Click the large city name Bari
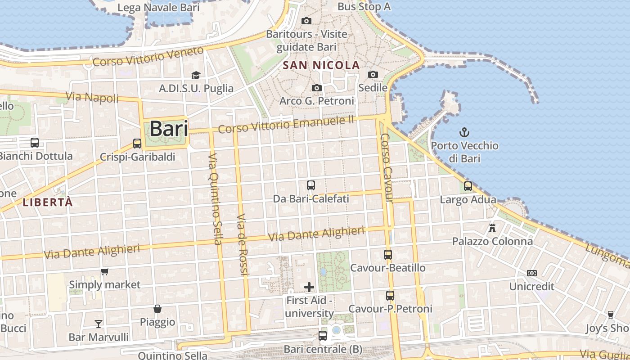point(169,129)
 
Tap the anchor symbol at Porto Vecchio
point(464,132)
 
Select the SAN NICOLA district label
point(321,65)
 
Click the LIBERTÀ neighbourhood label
point(48,202)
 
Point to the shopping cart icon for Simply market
point(105,271)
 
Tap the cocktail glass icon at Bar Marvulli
point(99,324)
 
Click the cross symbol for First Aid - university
point(309,287)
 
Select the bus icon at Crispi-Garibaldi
point(137,144)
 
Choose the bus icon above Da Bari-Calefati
point(310,185)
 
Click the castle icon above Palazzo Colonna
point(492,228)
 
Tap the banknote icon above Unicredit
point(532,273)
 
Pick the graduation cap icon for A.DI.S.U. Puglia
point(196,75)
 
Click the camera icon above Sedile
point(373,74)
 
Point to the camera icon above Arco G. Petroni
point(317,88)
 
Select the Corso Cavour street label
point(387,167)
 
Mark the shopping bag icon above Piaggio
point(157,309)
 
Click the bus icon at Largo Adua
point(468,186)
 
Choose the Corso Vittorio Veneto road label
point(148,56)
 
